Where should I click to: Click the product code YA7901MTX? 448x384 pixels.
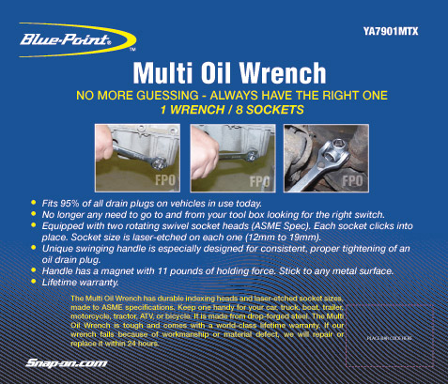click(391, 31)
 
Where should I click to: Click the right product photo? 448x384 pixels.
click(324, 155)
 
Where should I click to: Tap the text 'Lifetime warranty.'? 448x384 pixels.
click(81, 282)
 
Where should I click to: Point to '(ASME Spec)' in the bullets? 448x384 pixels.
click(286, 225)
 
